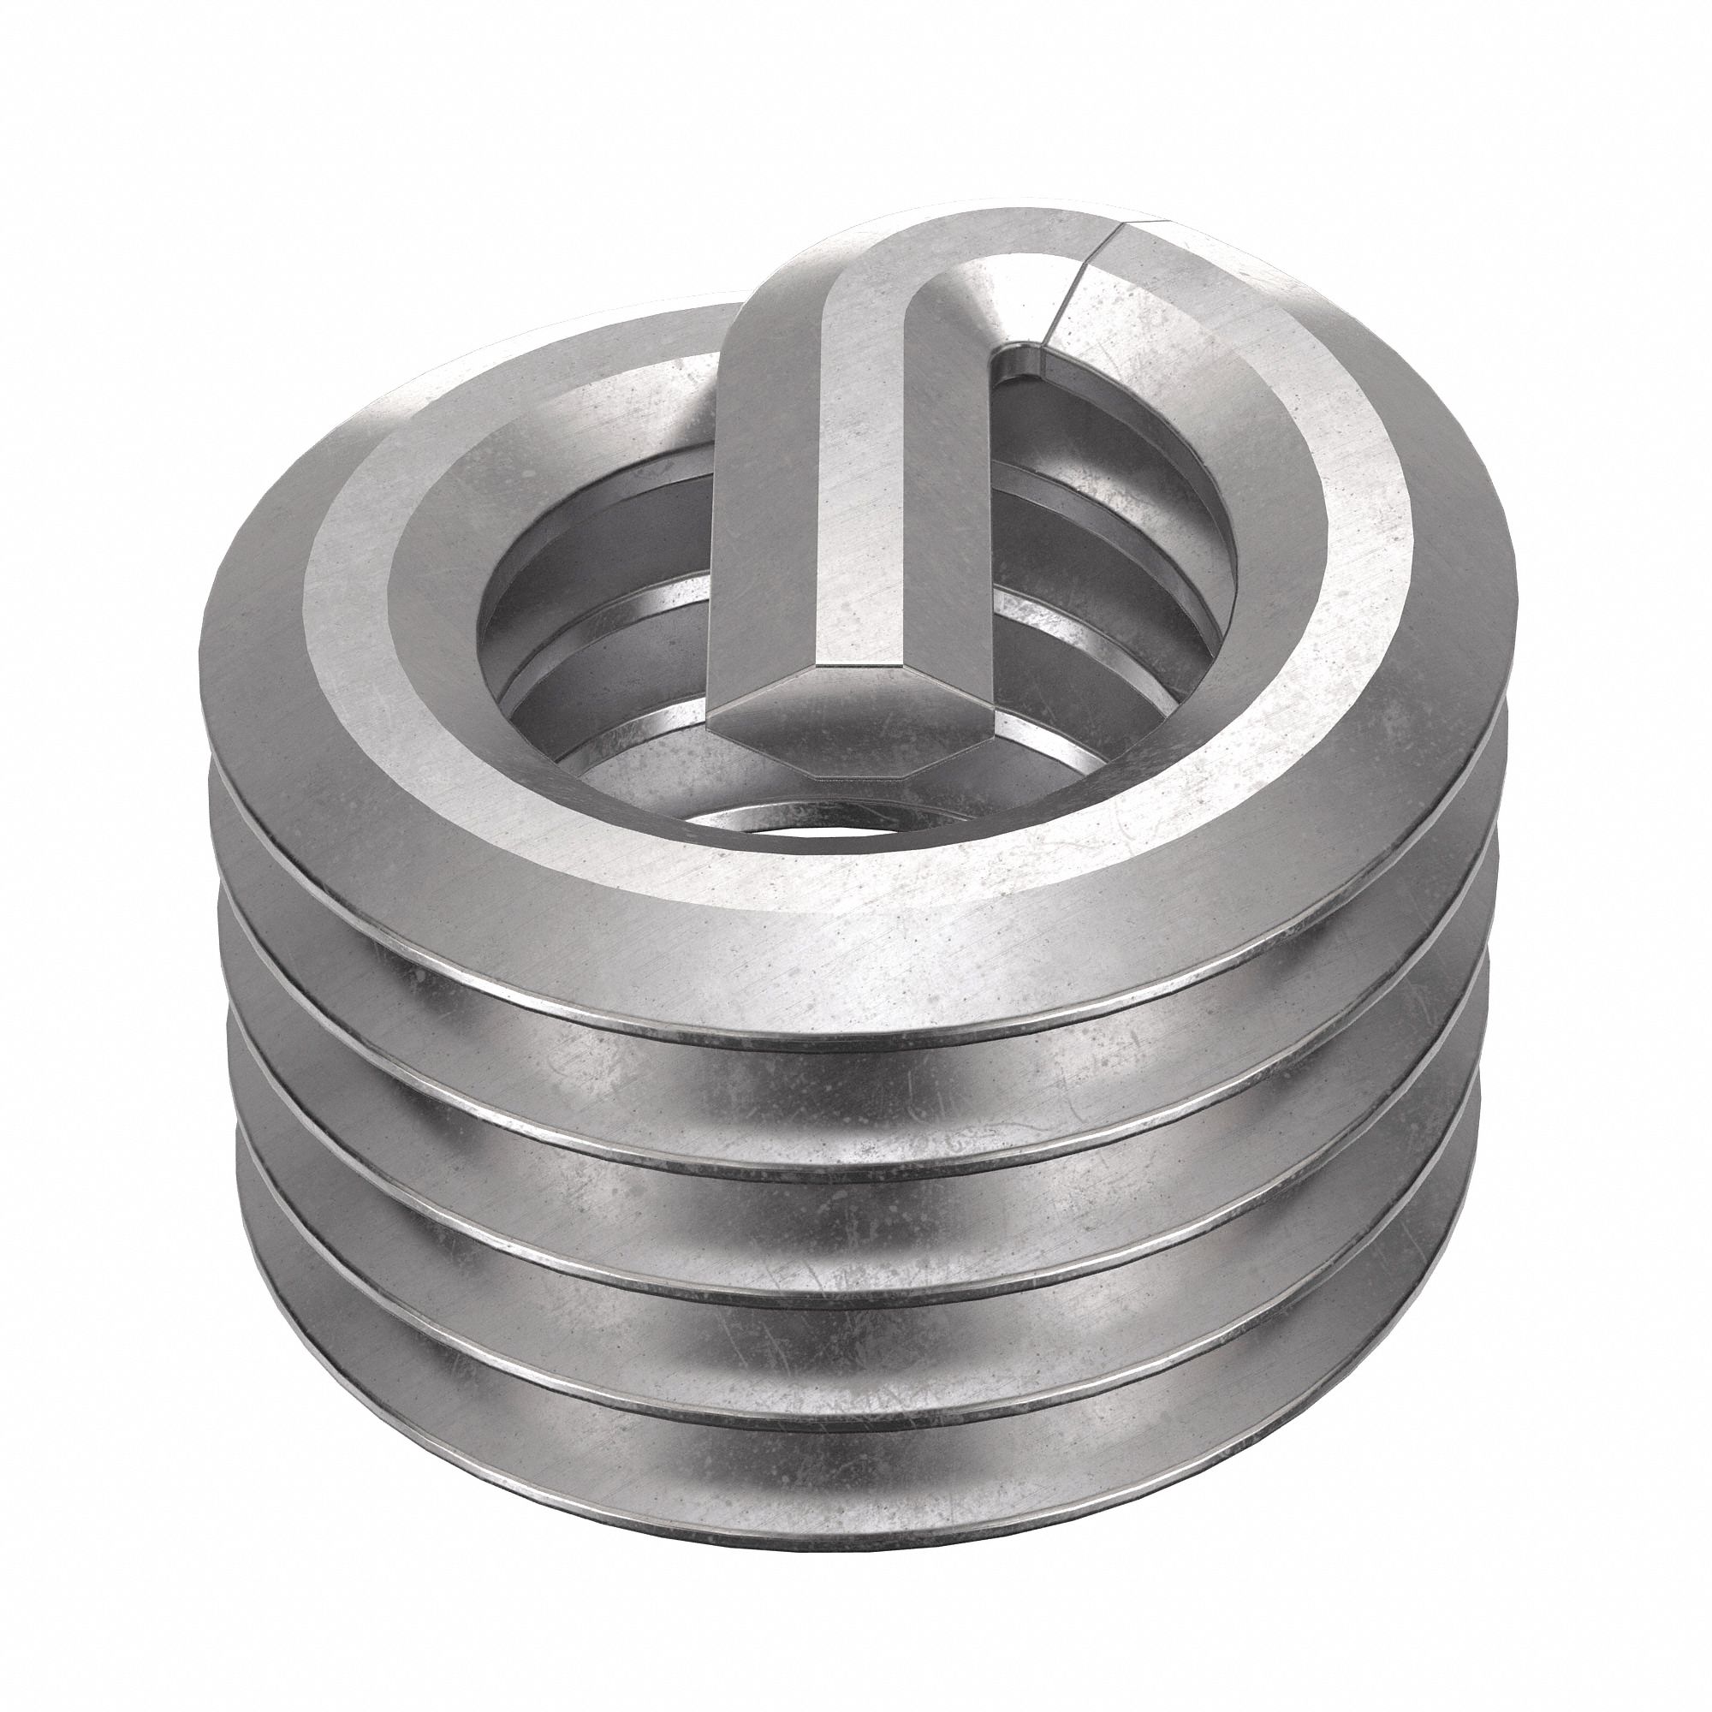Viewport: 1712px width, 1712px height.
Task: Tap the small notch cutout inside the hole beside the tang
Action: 1019,368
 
